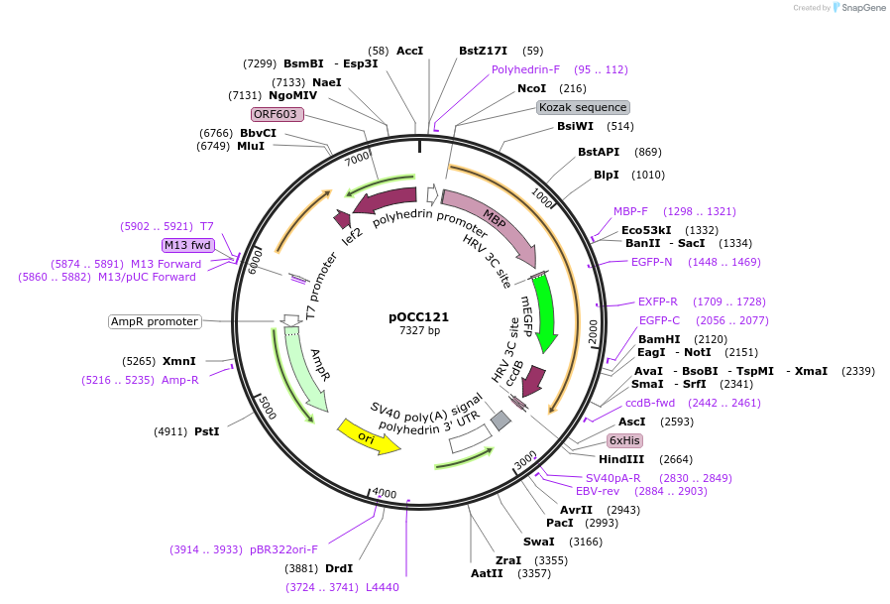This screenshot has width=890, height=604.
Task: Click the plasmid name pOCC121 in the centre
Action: coord(418,317)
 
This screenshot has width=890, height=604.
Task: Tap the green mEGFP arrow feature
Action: coord(544,312)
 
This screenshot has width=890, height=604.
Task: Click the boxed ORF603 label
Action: coord(276,114)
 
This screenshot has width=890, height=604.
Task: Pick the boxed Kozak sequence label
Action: coord(583,107)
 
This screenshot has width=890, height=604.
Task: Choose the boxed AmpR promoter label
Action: coord(155,321)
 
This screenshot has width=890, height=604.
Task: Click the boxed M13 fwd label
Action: coord(187,245)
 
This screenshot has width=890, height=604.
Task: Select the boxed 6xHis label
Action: coord(625,440)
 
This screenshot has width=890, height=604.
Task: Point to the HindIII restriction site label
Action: coord(621,459)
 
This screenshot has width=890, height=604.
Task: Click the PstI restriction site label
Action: coord(207,431)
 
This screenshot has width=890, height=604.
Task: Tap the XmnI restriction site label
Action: coord(179,361)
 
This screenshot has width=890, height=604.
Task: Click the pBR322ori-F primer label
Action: coord(283,549)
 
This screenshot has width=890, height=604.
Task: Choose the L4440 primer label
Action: coord(382,587)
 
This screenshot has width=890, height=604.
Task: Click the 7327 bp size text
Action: coord(418,330)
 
